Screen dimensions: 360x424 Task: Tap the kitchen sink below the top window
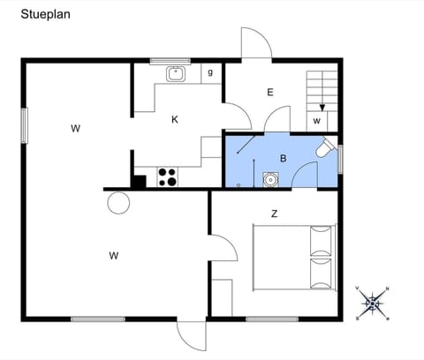pyautogui.click(x=175, y=74)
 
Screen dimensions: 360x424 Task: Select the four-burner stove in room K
pyautogui.click(x=167, y=176)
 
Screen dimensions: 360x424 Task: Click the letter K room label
pyautogui.click(x=175, y=119)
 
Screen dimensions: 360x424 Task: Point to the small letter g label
pyautogui.click(x=210, y=72)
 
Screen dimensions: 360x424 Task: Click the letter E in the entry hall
pyautogui.click(x=269, y=92)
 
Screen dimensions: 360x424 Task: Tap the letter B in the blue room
pyautogui.click(x=283, y=159)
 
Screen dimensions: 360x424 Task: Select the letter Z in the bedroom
pyautogui.click(x=275, y=214)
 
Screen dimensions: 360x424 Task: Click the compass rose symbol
pyautogui.click(x=374, y=303)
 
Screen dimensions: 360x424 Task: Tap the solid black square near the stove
pyautogui.click(x=138, y=182)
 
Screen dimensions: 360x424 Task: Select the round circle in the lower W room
pyautogui.click(x=117, y=203)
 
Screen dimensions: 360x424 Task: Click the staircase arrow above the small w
pyautogui.click(x=322, y=106)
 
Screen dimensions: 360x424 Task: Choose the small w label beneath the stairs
pyautogui.click(x=316, y=120)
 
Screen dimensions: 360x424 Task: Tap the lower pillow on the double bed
pyautogui.click(x=322, y=272)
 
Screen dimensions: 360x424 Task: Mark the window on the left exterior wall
pyautogui.click(x=25, y=123)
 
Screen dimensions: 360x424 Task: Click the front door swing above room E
pyautogui.click(x=256, y=44)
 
